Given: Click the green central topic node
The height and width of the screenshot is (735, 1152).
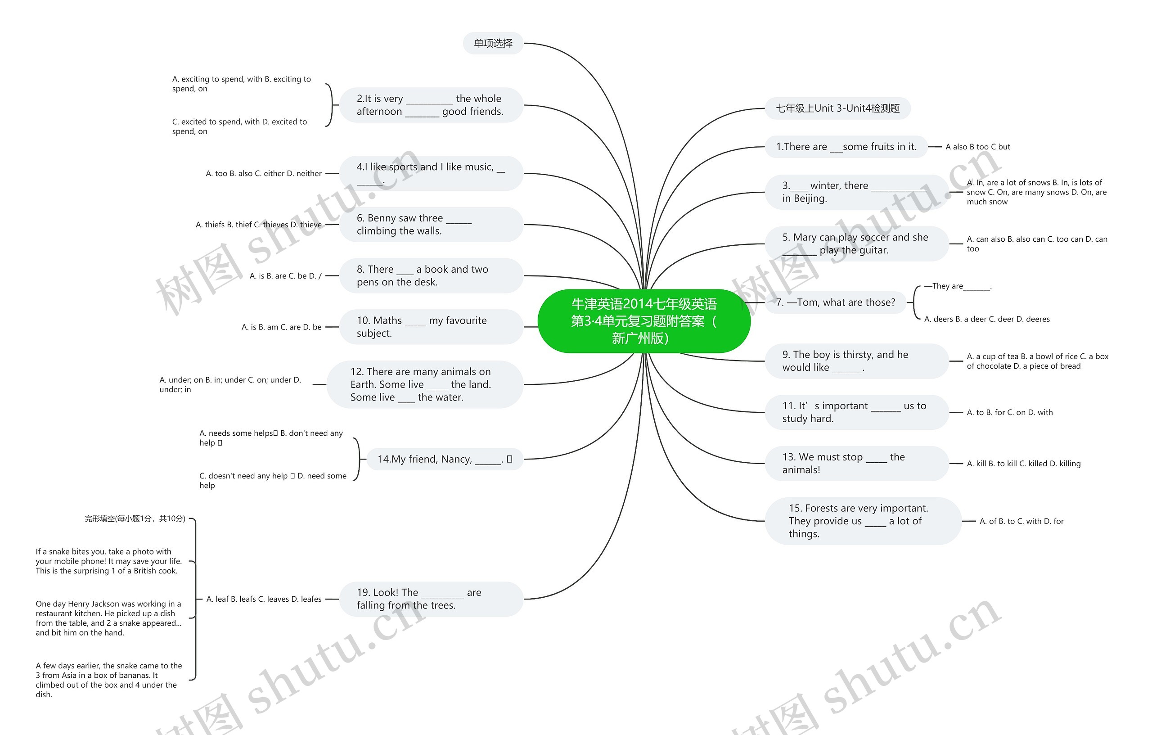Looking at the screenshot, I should click(643, 321).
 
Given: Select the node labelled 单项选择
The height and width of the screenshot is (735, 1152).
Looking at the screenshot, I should click(493, 44).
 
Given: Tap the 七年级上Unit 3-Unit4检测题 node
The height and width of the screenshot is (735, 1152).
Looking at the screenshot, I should click(837, 108).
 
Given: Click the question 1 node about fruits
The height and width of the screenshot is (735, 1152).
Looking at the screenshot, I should click(846, 147).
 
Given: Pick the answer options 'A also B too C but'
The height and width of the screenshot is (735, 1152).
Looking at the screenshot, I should click(977, 147).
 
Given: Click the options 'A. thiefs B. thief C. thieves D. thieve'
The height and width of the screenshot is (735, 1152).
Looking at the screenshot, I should click(258, 225).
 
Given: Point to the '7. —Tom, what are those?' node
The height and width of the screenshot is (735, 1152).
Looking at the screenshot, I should click(835, 302).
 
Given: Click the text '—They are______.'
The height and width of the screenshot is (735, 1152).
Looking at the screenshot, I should click(958, 286).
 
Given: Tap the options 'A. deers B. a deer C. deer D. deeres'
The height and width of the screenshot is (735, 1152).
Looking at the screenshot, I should click(986, 319).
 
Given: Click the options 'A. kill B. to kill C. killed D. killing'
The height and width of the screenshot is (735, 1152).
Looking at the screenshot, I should click(1023, 464).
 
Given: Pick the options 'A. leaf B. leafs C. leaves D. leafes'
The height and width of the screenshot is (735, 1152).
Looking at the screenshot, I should click(264, 599).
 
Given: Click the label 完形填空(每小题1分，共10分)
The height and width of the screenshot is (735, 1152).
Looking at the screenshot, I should click(135, 519).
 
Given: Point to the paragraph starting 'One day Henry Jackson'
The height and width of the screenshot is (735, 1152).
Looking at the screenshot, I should click(108, 618).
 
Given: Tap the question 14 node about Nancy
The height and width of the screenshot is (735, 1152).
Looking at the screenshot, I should click(445, 460).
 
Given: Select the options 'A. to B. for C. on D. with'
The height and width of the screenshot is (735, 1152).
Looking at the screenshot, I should click(1009, 412).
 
